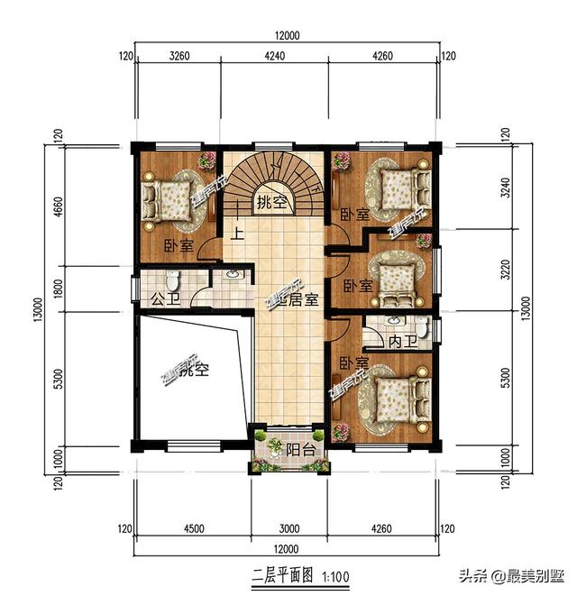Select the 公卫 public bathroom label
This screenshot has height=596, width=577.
(x=161, y=298)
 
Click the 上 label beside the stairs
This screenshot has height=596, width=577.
(x=238, y=233)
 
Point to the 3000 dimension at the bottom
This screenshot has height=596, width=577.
(x=288, y=528)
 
